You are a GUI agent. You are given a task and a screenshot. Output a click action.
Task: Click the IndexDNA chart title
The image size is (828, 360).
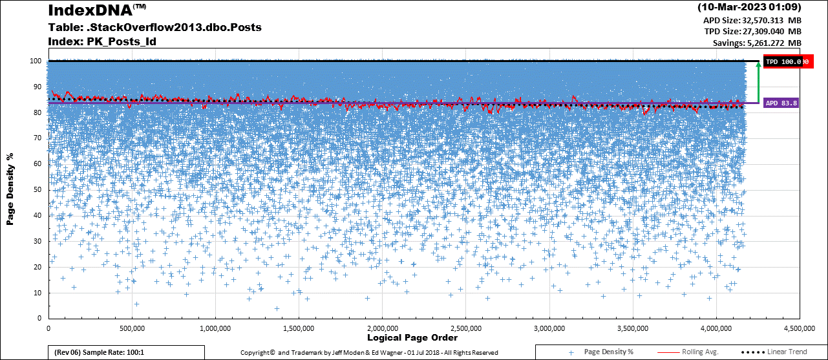(90, 11)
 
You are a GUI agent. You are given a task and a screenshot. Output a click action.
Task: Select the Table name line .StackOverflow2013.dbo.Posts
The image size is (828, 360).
(154, 28)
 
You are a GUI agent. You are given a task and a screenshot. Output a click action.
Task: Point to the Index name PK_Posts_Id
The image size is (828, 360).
(101, 42)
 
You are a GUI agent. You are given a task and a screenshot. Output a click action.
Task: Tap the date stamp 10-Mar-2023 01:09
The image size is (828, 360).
(750, 8)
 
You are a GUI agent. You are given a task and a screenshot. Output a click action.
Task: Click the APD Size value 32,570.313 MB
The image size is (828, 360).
(752, 20)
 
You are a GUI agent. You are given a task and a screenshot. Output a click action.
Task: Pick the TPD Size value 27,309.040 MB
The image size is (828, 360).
(753, 31)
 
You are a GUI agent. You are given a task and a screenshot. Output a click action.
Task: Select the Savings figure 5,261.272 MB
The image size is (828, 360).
(757, 43)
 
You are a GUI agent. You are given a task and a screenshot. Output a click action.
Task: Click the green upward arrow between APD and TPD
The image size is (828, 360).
(758, 82)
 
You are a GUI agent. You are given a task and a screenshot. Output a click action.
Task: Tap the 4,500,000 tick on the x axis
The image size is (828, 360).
(800, 328)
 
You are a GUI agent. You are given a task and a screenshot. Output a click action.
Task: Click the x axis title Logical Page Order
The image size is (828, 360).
(412, 338)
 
